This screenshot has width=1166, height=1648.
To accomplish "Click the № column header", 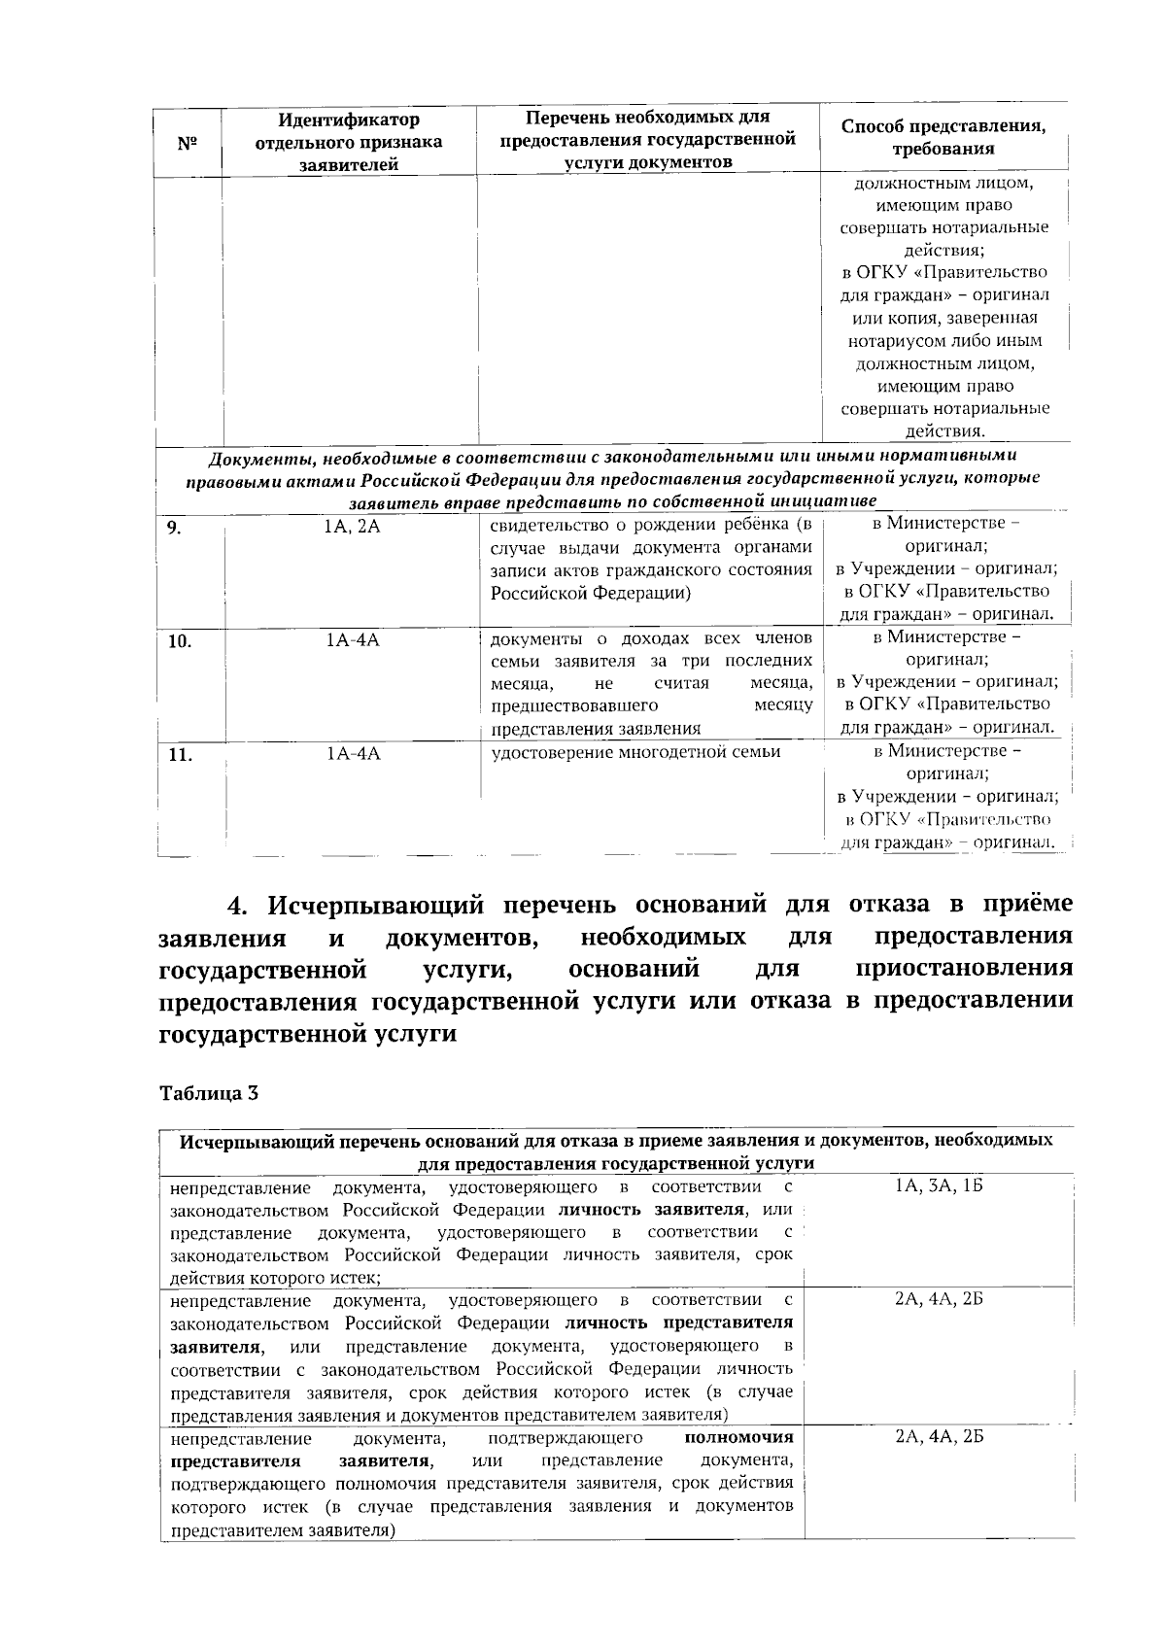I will point(188,143).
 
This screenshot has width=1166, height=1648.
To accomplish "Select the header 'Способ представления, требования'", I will point(943,138).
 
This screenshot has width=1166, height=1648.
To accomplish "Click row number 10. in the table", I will point(178,641).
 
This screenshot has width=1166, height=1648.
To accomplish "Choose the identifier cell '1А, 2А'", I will point(352,527).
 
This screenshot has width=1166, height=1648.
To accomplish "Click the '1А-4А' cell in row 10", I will point(352,640).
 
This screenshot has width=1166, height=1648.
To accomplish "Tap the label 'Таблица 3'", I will point(208,1092).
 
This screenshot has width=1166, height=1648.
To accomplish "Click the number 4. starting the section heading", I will point(238,905).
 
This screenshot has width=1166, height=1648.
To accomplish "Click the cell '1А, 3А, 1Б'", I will point(939,1187).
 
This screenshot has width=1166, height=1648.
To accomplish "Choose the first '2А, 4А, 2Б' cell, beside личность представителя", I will point(939,1300).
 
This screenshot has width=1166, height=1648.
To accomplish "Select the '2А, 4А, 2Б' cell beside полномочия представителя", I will point(939,1437).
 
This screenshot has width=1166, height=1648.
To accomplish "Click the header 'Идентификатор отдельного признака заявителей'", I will point(349,142).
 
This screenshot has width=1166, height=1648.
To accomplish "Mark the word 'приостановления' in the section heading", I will point(965,969).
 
